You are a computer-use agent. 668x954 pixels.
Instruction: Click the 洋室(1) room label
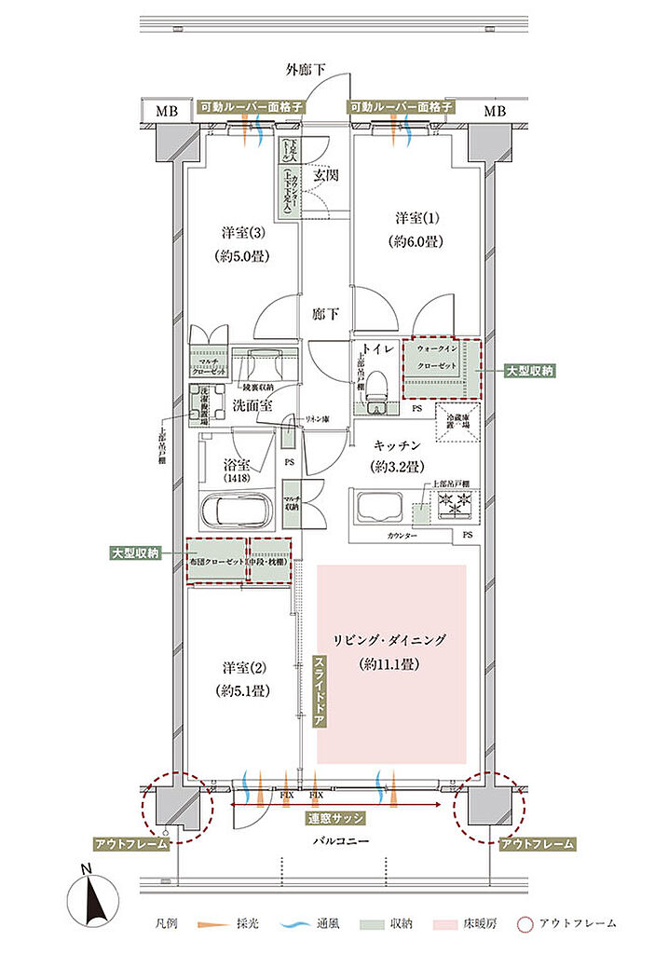point(416,218)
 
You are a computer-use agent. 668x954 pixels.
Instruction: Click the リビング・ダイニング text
point(390,640)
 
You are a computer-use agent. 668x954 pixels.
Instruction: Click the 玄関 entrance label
point(323,174)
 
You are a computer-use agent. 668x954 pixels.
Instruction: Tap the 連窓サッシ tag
point(334,818)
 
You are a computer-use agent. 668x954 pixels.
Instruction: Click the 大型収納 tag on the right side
point(529,370)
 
